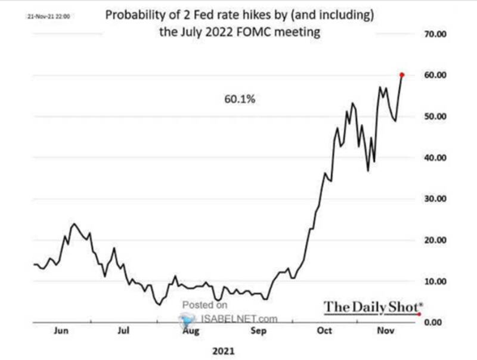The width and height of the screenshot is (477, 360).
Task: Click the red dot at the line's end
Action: (x=402, y=75)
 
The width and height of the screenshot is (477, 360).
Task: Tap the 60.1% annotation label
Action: (x=240, y=100)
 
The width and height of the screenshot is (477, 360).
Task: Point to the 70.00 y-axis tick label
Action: (x=434, y=34)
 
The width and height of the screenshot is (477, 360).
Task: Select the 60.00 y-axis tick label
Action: (x=434, y=75)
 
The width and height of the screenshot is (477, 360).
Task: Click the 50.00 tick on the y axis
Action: (x=434, y=116)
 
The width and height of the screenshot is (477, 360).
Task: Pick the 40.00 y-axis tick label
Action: (x=434, y=158)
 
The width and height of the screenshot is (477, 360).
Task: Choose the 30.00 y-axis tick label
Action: (x=434, y=199)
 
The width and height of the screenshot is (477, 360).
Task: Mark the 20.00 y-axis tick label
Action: (x=434, y=240)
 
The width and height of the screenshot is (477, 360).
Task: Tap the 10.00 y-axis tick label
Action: (x=434, y=281)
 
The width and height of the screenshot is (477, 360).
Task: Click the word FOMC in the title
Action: (x=252, y=32)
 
